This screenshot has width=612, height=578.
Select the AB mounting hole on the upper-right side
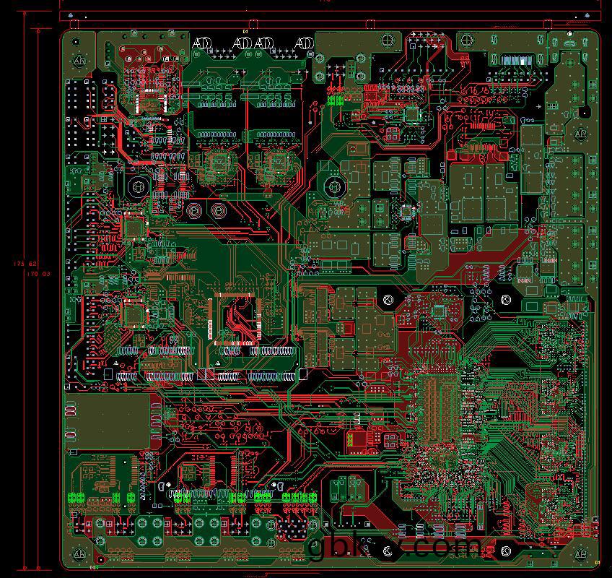click(580, 134)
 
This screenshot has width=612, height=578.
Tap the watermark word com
click(447, 547)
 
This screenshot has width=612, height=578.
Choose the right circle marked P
click(217, 211)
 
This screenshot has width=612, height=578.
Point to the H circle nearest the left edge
click(137, 186)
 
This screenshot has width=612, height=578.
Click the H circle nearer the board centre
click(333, 187)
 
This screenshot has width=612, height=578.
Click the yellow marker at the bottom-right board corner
click(597, 562)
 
